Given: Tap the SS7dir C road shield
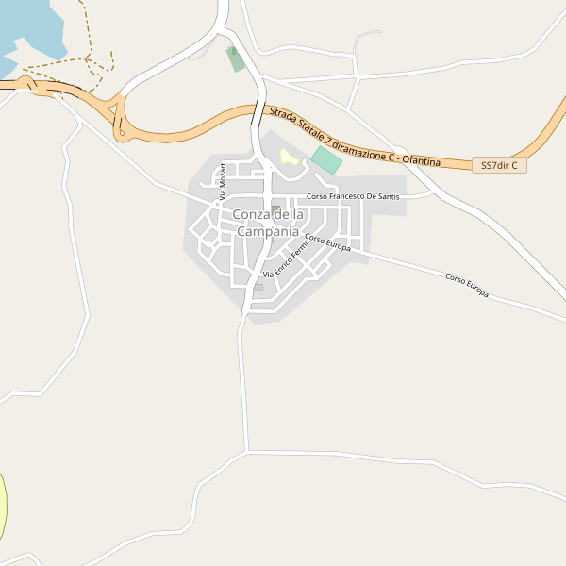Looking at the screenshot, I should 499,165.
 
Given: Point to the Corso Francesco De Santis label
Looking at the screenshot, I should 354,196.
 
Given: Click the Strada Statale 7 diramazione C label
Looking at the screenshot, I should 330,134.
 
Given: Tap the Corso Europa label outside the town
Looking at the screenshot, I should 467,285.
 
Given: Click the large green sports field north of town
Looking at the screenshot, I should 326,158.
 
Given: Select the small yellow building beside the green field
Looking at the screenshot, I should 288,157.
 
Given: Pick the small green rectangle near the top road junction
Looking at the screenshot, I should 235,58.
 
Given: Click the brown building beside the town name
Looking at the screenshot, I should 275,208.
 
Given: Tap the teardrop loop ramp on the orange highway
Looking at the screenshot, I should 119,117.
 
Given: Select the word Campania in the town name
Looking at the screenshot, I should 268,231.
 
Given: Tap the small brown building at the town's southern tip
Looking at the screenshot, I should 258,287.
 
